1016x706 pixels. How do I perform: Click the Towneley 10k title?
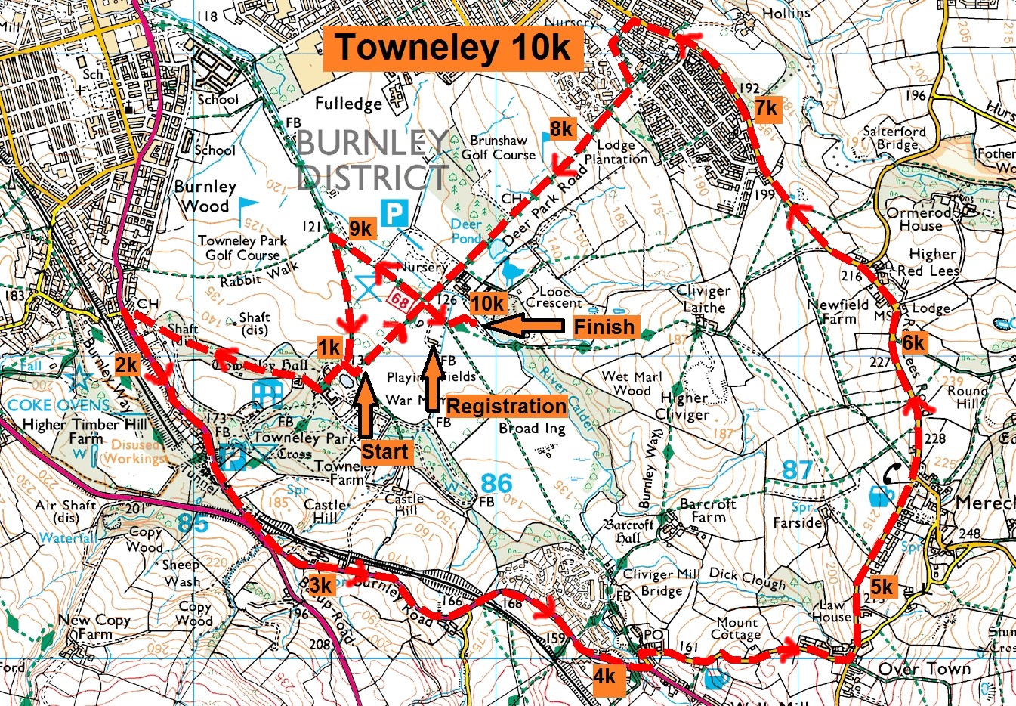point(453,48)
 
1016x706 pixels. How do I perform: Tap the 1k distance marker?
point(329,347)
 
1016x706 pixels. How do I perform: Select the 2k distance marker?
point(126,365)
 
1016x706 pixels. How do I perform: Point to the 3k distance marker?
point(320,585)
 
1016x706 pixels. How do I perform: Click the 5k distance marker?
point(881,587)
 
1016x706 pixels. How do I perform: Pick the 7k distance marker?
point(766,109)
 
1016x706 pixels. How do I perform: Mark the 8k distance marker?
point(561,129)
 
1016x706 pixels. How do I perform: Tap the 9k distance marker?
point(361,228)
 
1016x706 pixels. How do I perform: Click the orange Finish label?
point(604,327)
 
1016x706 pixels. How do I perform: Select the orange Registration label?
point(506,406)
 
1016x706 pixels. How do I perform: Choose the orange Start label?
point(384,452)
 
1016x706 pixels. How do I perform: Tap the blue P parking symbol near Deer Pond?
point(394,212)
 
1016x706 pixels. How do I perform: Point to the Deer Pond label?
point(466,231)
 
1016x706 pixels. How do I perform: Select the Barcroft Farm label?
point(708,510)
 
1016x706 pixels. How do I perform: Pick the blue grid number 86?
point(496,483)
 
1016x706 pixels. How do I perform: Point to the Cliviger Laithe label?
point(703,299)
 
